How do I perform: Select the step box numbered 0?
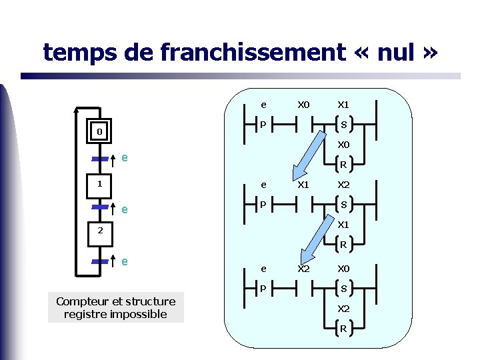point(99,132)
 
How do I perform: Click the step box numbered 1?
point(99,183)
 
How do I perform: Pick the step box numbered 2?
point(99,231)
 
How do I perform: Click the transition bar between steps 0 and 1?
point(99,159)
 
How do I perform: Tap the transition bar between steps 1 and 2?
point(99,208)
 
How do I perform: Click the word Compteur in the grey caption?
point(79,301)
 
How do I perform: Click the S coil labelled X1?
point(343,124)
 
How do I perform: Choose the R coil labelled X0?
point(343,165)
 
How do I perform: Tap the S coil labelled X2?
point(343,205)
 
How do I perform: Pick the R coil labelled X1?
point(343,245)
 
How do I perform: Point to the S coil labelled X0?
point(343,289)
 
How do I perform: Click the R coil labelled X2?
point(343,329)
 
